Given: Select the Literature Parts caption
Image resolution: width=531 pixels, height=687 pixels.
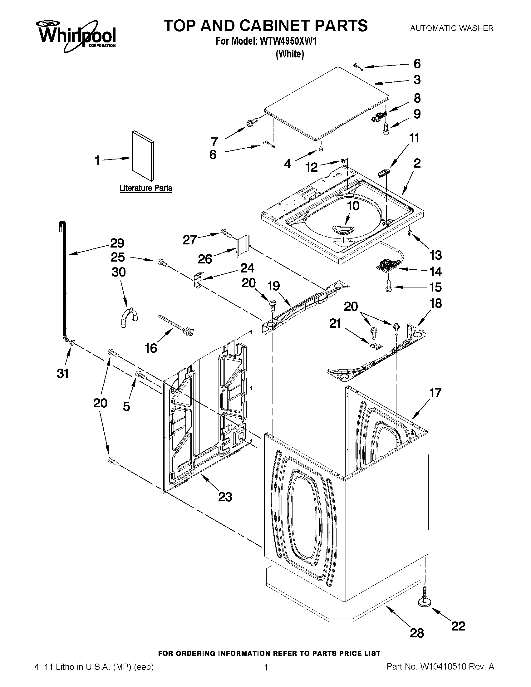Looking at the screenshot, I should (146, 188).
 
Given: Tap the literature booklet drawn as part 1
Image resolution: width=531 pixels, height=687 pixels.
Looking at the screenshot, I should (144, 156).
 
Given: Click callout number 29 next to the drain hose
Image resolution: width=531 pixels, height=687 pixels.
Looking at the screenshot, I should (117, 243).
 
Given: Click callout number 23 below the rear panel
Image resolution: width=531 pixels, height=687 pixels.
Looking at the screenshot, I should (225, 497).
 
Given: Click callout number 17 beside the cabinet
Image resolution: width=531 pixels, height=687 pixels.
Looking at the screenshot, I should (436, 393).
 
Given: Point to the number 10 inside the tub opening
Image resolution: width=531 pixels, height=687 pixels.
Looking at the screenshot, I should (353, 206).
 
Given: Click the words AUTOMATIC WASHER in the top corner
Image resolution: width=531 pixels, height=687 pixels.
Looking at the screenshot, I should (452, 28).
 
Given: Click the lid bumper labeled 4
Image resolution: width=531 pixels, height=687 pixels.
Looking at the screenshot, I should (321, 149).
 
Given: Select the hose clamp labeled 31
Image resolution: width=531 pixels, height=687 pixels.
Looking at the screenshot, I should (72, 342).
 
